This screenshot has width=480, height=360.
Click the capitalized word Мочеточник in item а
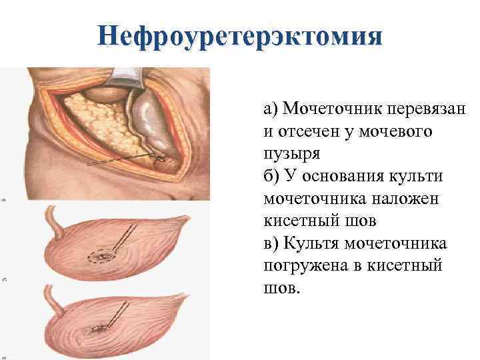point(322,108)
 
